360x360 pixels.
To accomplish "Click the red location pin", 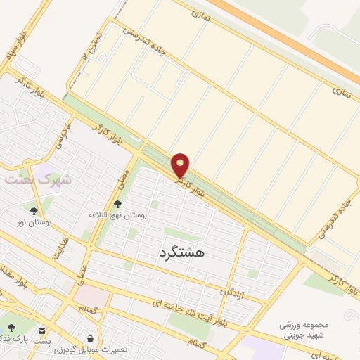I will pyautogui.click(x=181, y=165).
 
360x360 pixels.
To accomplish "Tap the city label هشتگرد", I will pyautogui.click(x=181, y=252).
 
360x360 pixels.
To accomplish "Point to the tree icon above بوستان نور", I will pyautogui.click(x=34, y=210).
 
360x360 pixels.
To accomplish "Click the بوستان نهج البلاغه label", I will pyautogui.click(x=118, y=214).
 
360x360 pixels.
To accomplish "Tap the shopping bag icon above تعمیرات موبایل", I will pyautogui.click(x=90, y=337).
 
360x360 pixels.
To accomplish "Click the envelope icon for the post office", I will pyautogui.click(x=43, y=330).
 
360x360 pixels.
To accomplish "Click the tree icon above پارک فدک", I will pyautogui.click(x=11, y=328).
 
